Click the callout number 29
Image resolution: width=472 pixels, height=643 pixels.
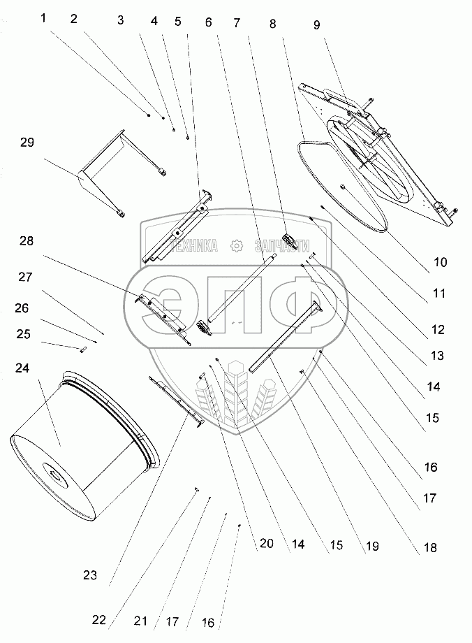tap(27, 143)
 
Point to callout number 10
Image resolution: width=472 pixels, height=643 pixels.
tap(440, 263)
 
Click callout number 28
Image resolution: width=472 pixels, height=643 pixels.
tap(27, 241)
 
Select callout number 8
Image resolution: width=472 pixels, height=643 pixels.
tap(272, 23)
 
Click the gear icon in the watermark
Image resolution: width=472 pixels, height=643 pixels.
tap(236, 245)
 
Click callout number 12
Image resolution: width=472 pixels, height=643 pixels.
tap(438, 329)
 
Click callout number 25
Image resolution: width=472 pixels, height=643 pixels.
tap(24, 335)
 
